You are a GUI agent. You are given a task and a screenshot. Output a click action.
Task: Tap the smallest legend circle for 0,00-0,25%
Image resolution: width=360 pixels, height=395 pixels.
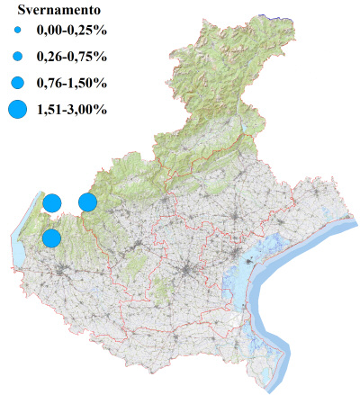[17, 31]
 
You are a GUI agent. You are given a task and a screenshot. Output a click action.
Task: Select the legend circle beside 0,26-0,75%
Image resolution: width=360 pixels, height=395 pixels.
[17, 57]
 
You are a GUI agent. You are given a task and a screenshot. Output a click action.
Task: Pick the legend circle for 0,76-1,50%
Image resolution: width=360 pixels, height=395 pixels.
[17, 83]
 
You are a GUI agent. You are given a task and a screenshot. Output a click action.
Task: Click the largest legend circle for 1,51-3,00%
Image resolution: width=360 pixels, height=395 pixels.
[17, 110]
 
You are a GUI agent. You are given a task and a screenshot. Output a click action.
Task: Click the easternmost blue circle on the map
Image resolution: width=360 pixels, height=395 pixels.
[87, 202]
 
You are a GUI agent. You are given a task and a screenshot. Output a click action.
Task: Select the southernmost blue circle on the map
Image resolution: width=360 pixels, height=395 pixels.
[51, 238]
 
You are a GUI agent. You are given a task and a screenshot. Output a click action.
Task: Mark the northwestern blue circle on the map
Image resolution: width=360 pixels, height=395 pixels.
[52, 202]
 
